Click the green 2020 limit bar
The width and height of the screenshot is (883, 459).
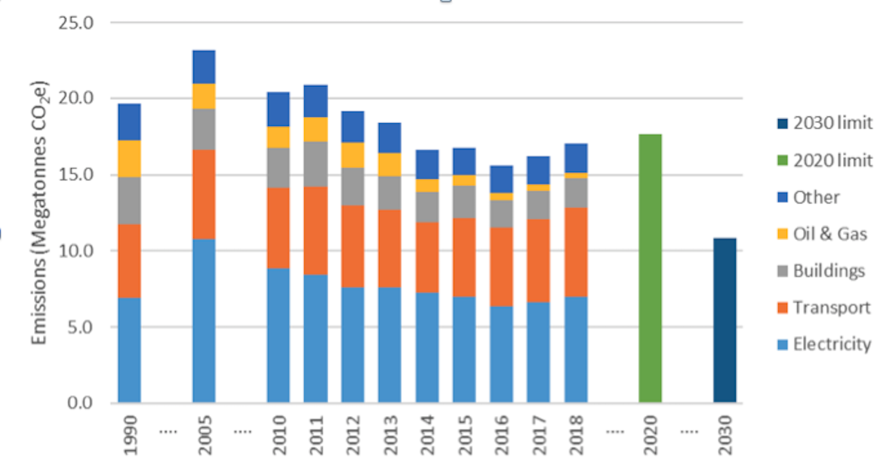[650, 268]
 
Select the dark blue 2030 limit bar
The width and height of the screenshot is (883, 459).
[725, 320]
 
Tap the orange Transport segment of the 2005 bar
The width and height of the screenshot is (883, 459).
[204, 194]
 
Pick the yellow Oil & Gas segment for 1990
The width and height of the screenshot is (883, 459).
[129, 159]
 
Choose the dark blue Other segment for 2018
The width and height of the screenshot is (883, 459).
[576, 158]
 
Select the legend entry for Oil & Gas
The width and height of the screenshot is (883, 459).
[820, 234]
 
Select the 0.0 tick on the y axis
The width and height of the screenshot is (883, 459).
[79, 402]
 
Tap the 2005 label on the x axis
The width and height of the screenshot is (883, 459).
[205, 433]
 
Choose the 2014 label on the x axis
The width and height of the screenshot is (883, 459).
[427, 433]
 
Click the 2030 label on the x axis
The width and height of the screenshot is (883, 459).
[725, 433]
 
